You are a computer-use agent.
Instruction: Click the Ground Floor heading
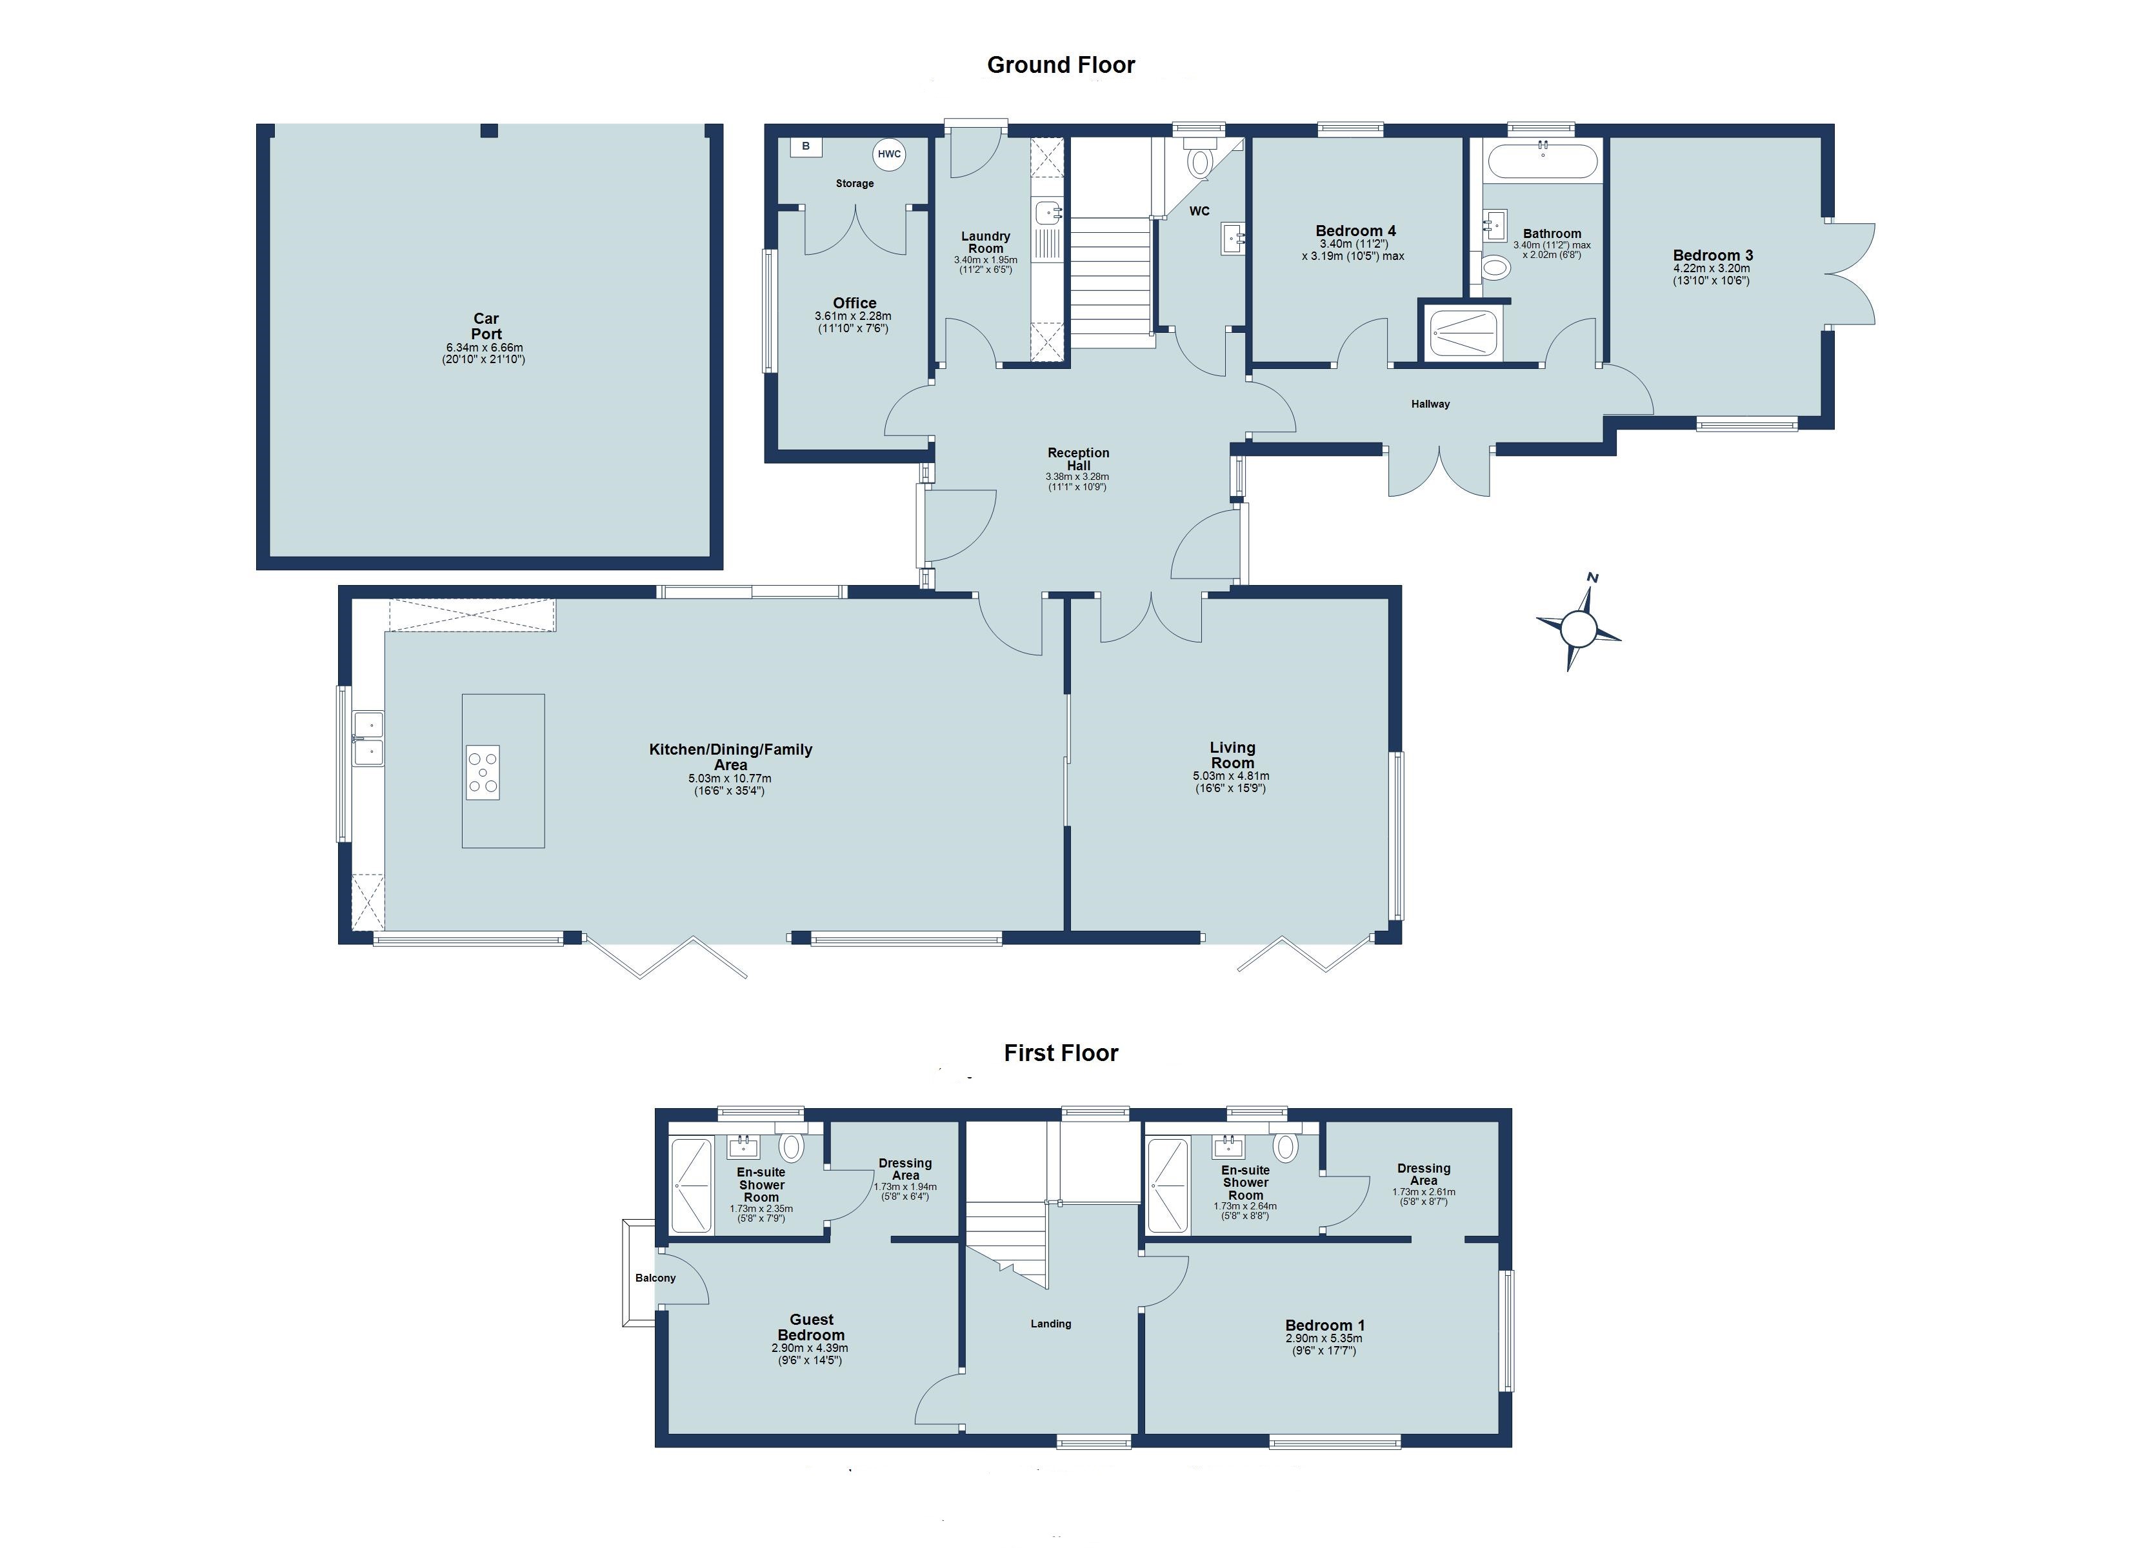click(1061, 64)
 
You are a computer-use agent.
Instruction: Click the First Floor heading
click(1061, 1053)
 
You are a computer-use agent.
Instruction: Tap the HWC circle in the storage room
click(889, 155)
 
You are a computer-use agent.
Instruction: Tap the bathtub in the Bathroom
click(1543, 161)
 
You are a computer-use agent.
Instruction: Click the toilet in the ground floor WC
click(1200, 161)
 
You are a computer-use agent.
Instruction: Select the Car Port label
click(486, 326)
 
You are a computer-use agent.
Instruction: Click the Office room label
click(854, 303)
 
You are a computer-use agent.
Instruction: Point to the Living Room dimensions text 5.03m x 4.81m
click(1231, 777)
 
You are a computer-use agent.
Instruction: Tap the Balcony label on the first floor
click(655, 1278)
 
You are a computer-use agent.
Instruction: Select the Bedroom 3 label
click(1712, 255)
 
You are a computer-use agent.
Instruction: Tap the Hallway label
click(1430, 404)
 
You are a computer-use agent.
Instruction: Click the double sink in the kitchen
click(368, 739)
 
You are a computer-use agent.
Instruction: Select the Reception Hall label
click(1079, 459)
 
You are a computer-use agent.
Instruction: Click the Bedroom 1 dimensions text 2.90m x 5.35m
click(1324, 1338)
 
